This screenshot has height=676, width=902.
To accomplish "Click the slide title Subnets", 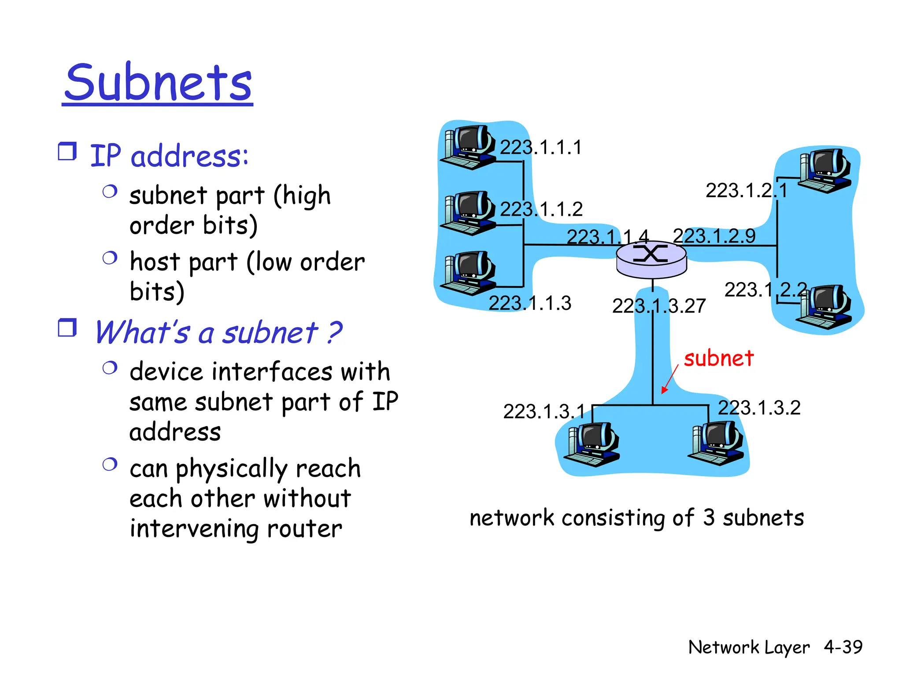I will (x=158, y=82).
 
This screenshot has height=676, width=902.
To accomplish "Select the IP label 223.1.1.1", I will (x=541, y=147).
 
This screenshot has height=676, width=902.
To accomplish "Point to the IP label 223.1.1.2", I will (x=541, y=209).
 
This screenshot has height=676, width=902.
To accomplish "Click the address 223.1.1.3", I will (x=530, y=303).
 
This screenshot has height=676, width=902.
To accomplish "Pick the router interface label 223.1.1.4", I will (x=607, y=237).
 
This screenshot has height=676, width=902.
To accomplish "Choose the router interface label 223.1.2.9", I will (x=714, y=236).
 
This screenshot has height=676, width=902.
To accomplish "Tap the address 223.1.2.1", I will (x=746, y=191).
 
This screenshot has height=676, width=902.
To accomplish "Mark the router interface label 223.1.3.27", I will (x=659, y=306).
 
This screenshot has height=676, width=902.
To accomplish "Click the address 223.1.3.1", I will (x=544, y=412).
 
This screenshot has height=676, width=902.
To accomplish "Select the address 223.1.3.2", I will (x=759, y=408).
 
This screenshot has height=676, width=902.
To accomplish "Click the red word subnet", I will (x=719, y=358).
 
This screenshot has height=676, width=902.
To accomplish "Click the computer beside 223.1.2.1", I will (x=824, y=171).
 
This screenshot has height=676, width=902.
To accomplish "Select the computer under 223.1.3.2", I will (x=716, y=444).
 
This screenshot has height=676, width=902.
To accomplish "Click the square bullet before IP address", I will (x=67, y=151).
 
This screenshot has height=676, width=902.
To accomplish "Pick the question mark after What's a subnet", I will (x=334, y=333).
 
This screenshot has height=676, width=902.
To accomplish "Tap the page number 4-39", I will (x=843, y=647).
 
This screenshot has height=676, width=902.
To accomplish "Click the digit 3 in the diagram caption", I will (x=709, y=518).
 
